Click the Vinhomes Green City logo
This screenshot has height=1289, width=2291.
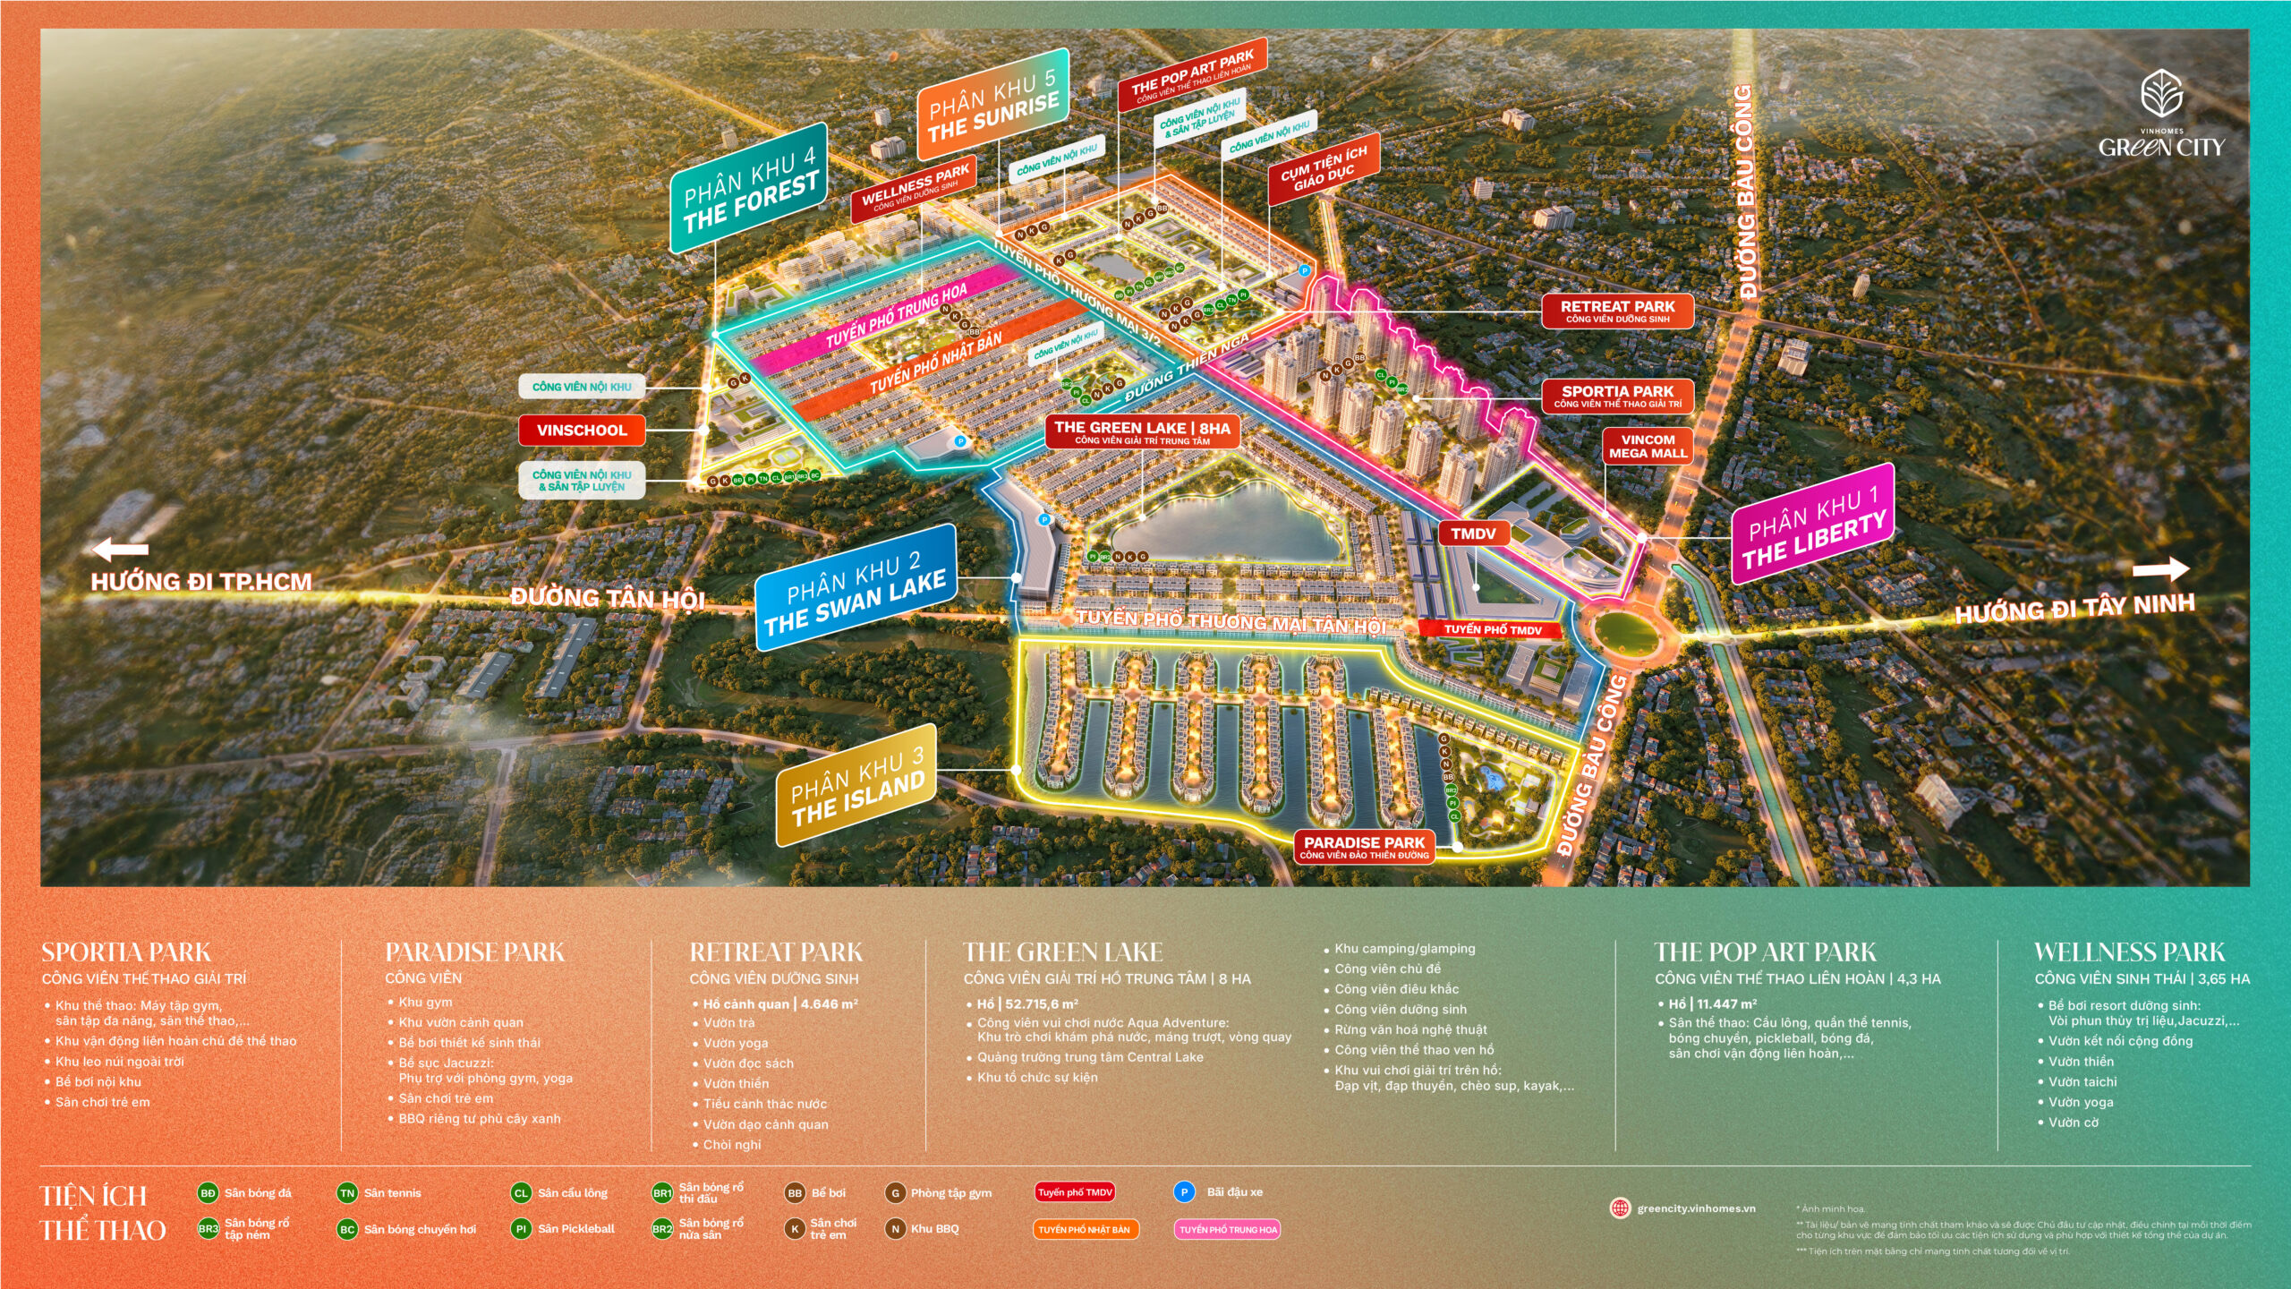2161,116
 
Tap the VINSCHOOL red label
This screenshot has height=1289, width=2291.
582,430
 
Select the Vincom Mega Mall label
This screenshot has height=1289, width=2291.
1648,446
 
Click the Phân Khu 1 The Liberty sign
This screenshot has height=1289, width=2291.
1813,525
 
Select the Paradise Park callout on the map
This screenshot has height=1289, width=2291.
1364,847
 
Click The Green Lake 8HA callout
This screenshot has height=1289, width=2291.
1142,431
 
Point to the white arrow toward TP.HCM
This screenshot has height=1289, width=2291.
120,549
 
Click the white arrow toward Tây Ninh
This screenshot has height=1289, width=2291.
2160,569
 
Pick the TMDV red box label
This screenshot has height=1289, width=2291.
1473,534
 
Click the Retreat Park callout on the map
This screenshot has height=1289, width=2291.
1617,311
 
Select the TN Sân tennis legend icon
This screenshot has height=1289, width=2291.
347,1192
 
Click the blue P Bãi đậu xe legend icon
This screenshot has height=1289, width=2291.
1184,1191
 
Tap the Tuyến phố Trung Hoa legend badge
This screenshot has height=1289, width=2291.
1228,1229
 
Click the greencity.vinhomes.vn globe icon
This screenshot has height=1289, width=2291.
1620,1208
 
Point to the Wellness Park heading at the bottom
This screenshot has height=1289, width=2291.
2129,952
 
